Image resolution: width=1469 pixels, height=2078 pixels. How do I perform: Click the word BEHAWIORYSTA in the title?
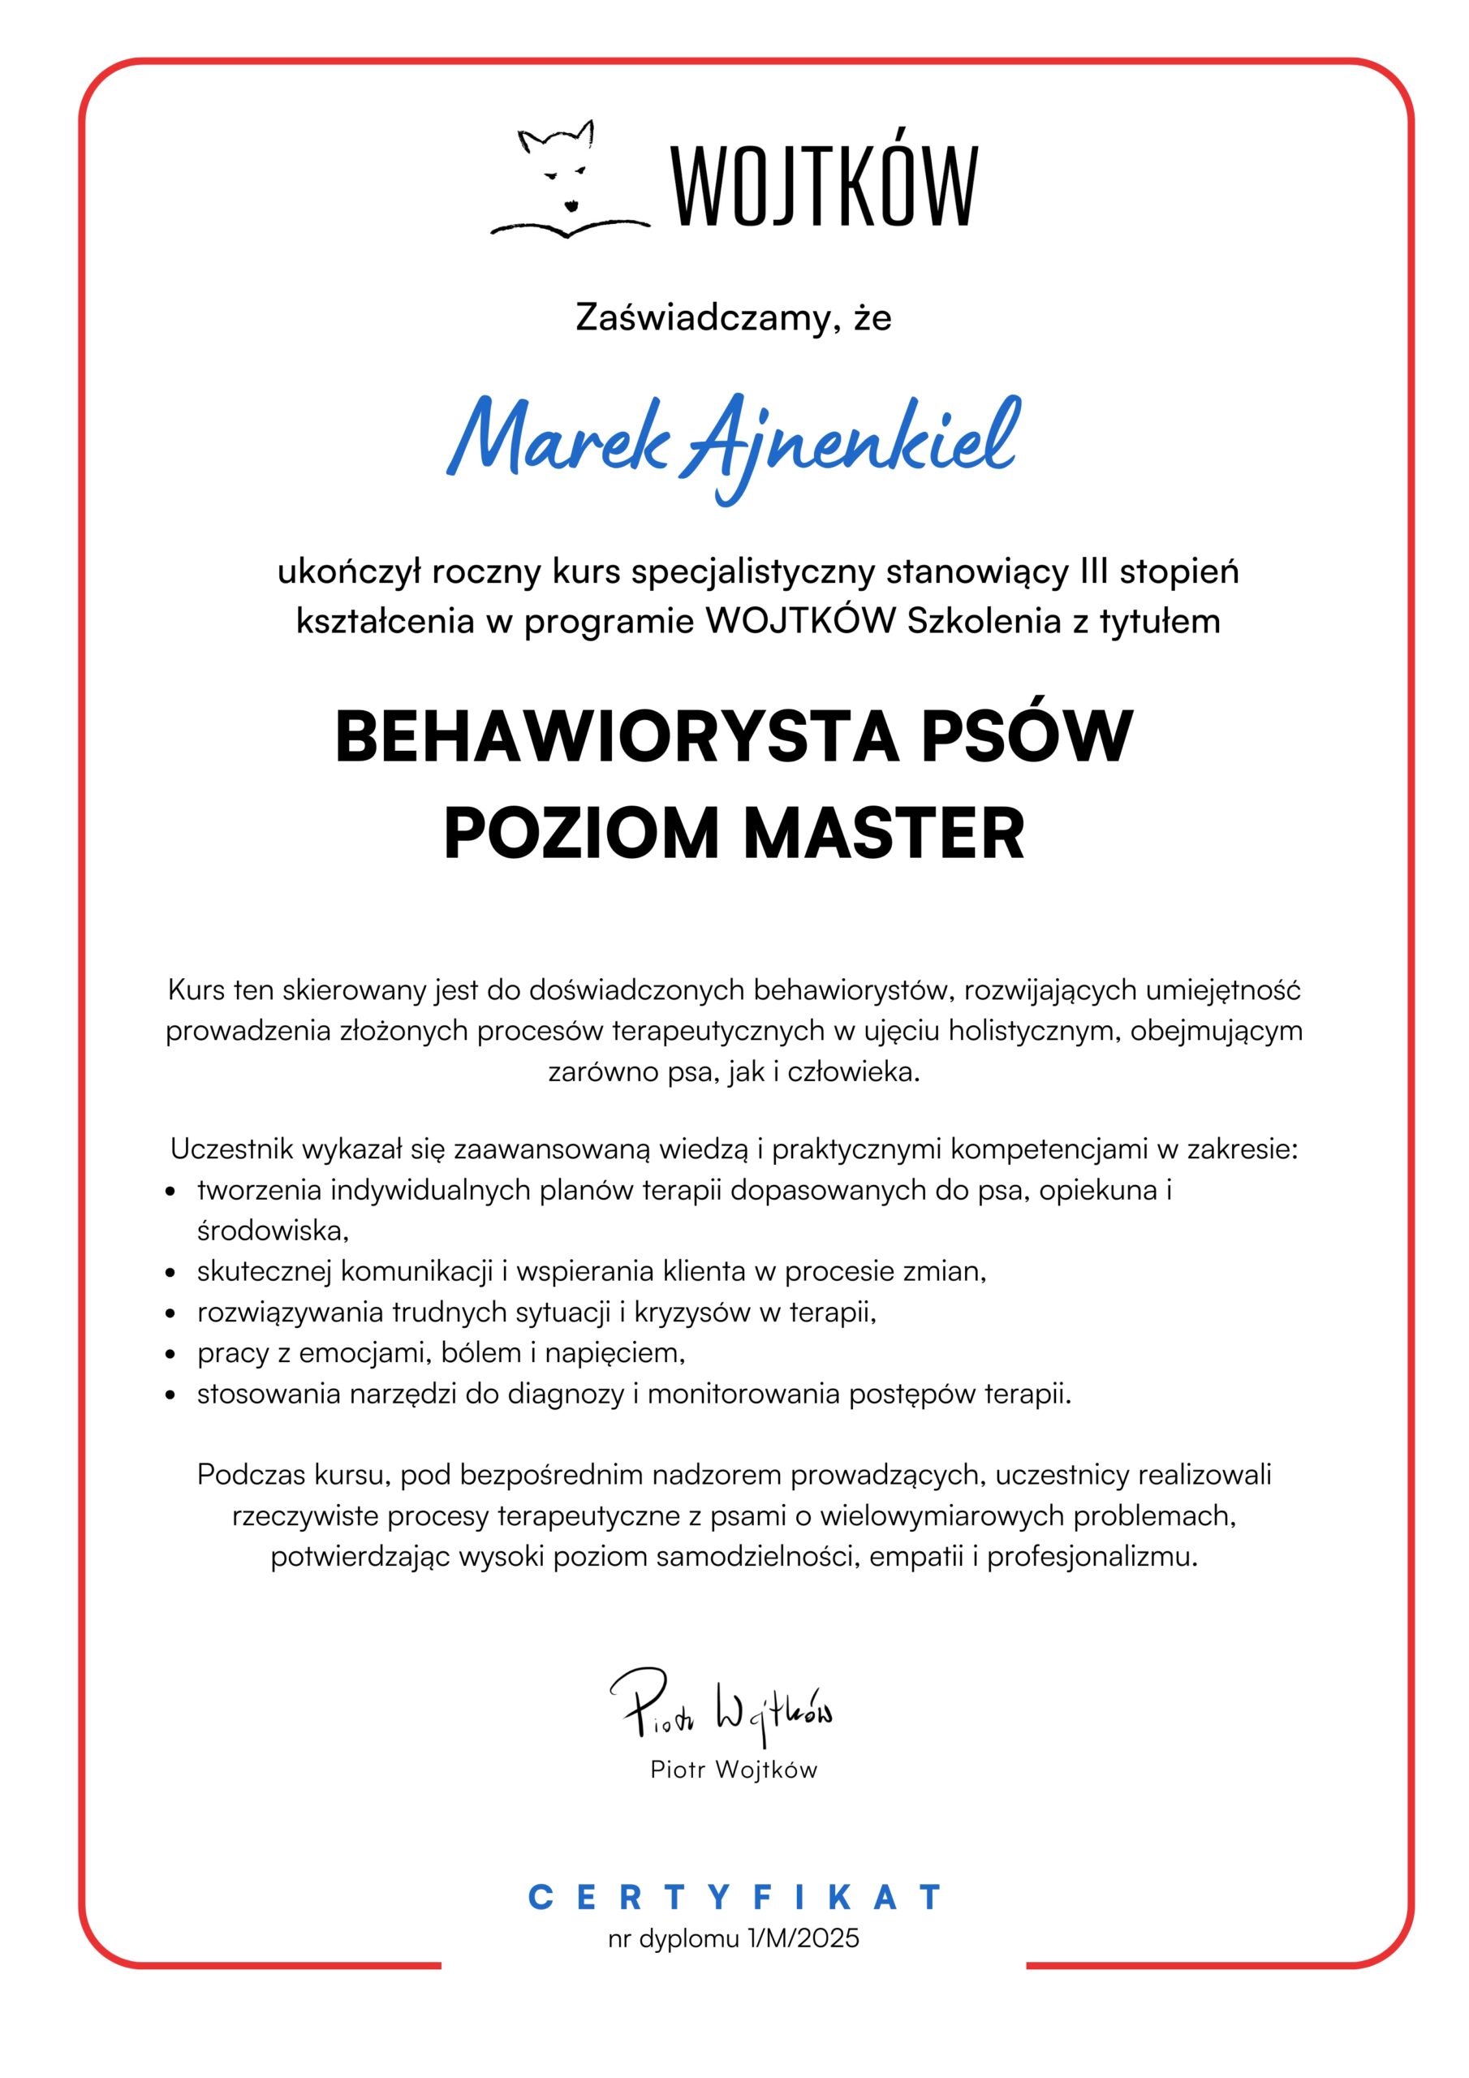pos(618,738)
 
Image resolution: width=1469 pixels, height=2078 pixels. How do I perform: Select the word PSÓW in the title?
pos(1027,738)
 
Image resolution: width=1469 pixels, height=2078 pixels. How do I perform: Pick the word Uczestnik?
pos(231,1149)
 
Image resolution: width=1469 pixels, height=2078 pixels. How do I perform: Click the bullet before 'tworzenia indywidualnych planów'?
pos(170,1192)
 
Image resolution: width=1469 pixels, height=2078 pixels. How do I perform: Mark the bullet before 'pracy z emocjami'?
pos(170,1355)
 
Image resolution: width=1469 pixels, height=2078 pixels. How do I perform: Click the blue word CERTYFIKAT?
pos(734,1897)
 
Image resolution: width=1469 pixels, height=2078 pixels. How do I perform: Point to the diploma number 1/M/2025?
pos(803,1938)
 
